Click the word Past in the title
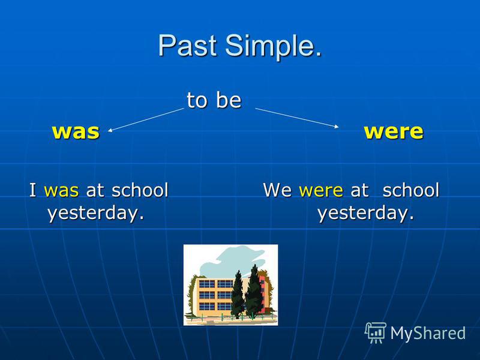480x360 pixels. [187, 46]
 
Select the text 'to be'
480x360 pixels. [214, 100]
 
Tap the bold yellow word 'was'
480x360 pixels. [76, 131]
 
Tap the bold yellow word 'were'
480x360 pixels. [394, 131]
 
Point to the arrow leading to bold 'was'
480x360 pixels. [146, 119]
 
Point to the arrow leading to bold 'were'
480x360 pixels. [297, 118]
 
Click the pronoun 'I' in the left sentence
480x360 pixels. [33, 190]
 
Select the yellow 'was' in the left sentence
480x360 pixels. [62, 191]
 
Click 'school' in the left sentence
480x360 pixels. [140, 190]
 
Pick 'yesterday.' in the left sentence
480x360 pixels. [96, 213]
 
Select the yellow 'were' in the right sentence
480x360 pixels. [321, 191]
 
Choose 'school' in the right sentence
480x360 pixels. [411, 190]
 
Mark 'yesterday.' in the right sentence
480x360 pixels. [366, 213]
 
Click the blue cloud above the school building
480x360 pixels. [230, 262]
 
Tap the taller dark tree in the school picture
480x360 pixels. [254, 292]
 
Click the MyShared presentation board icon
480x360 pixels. [376, 332]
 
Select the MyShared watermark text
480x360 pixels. [428, 334]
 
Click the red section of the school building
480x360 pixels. [262, 294]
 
